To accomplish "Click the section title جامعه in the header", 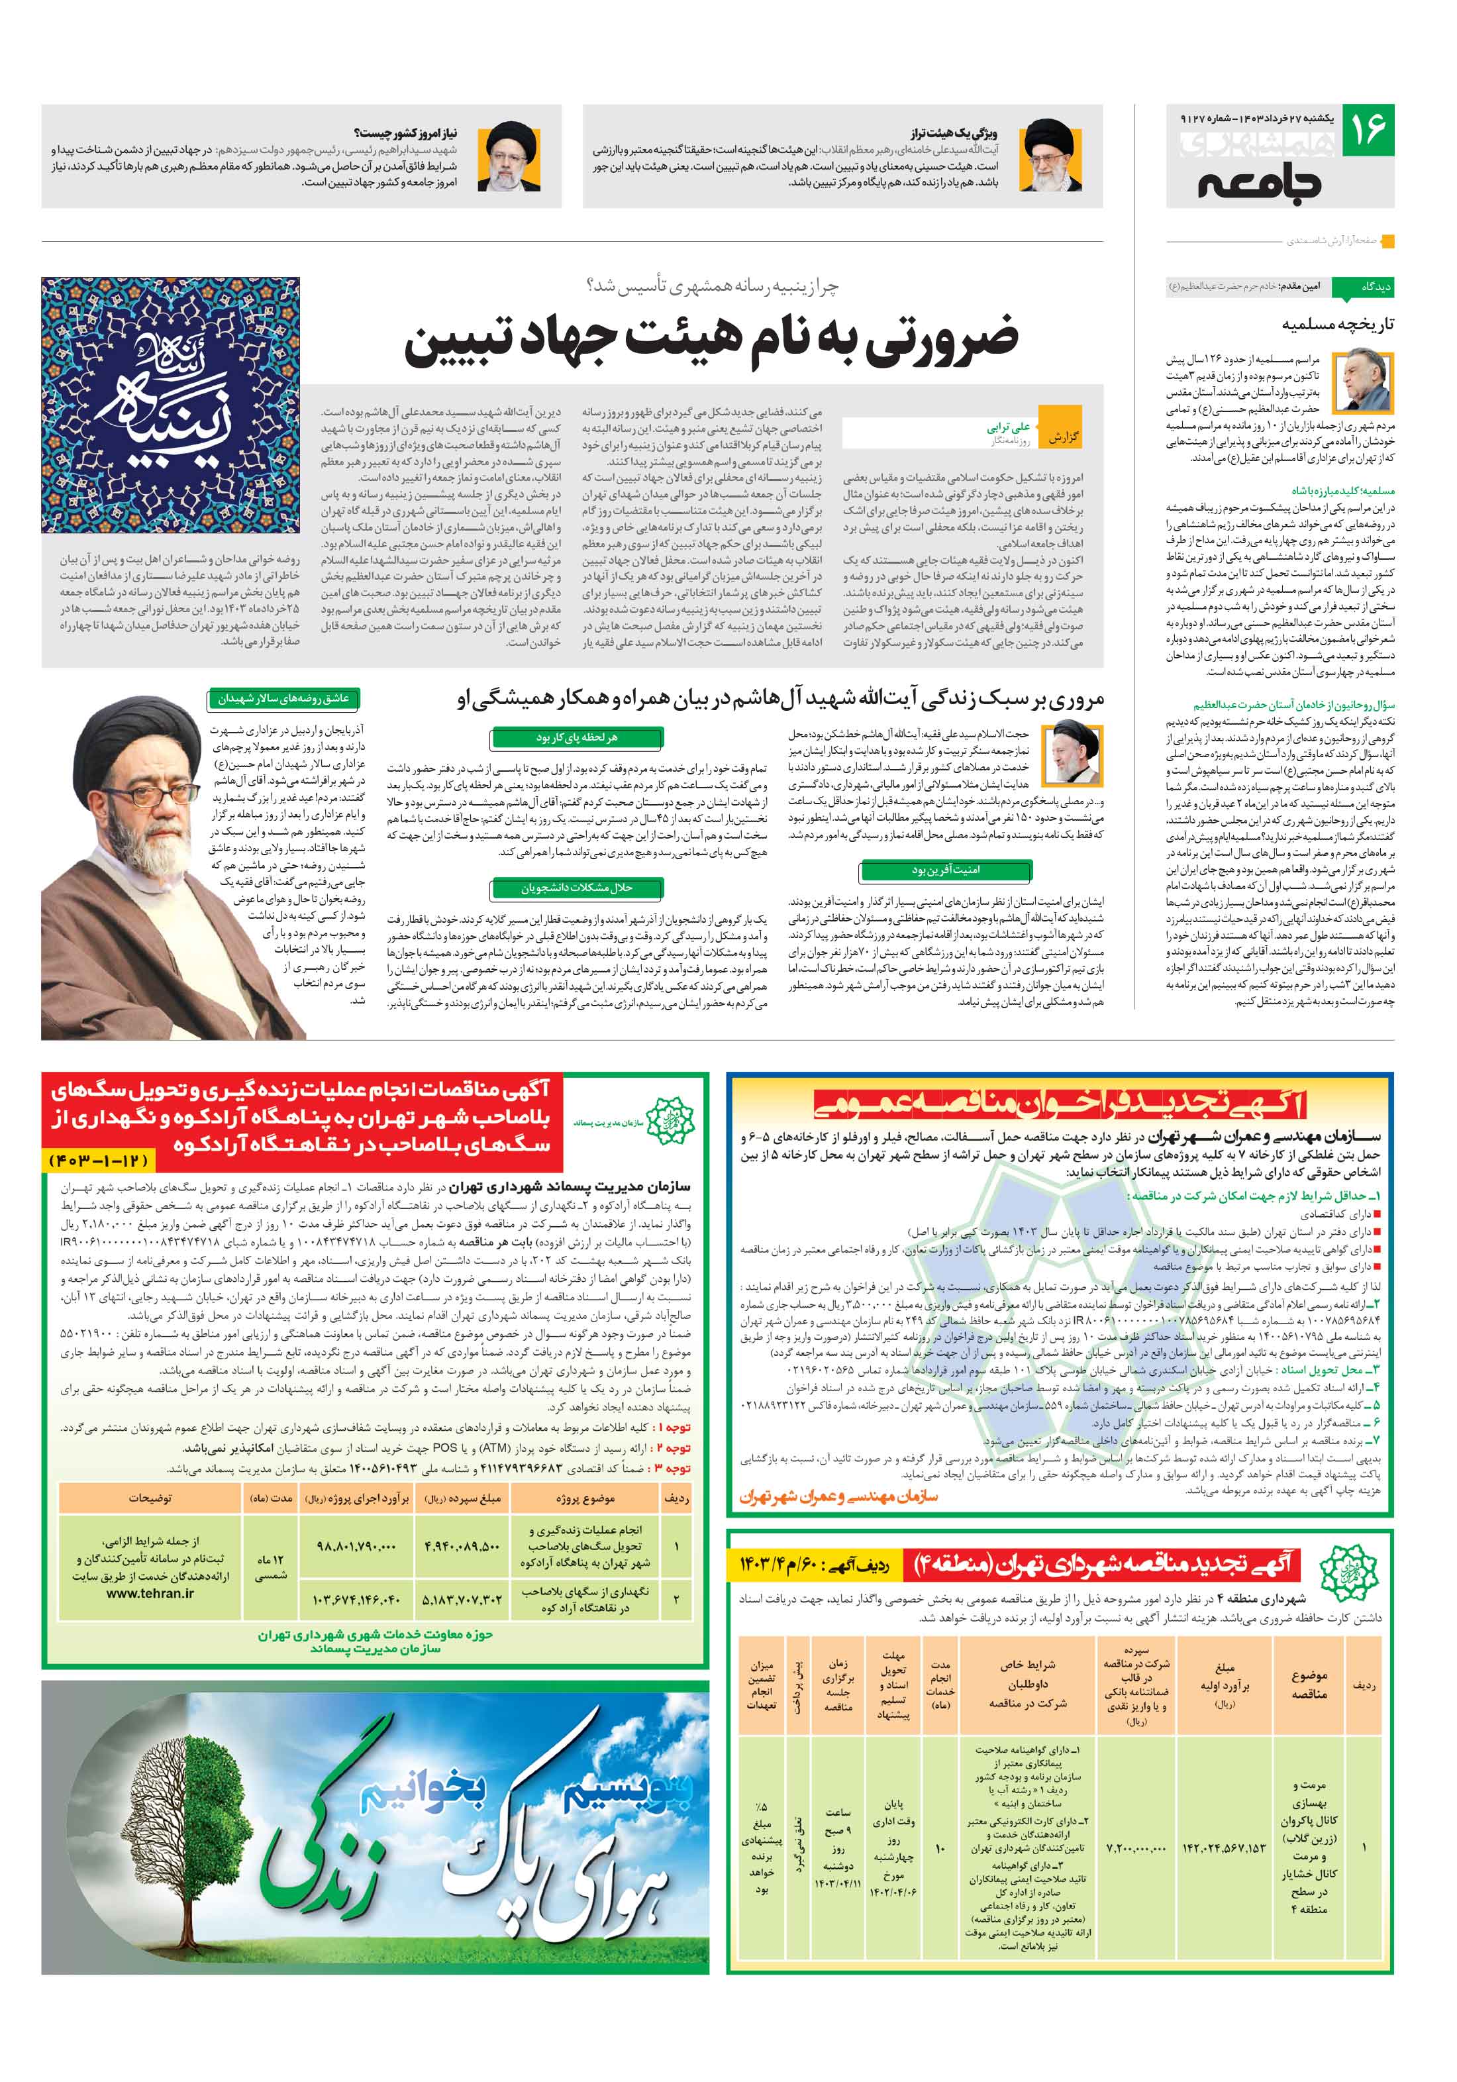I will (x=1260, y=183).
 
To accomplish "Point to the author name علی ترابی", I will (x=1007, y=426).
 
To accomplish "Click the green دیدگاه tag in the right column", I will (x=1374, y=287).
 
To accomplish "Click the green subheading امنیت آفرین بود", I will (x=946, y=870).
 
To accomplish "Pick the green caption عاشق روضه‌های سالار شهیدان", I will (x=283, y=698).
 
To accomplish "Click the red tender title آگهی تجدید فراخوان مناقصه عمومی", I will (x=1059, y=1103).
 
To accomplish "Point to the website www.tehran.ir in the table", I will (x=150, y=1592).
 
